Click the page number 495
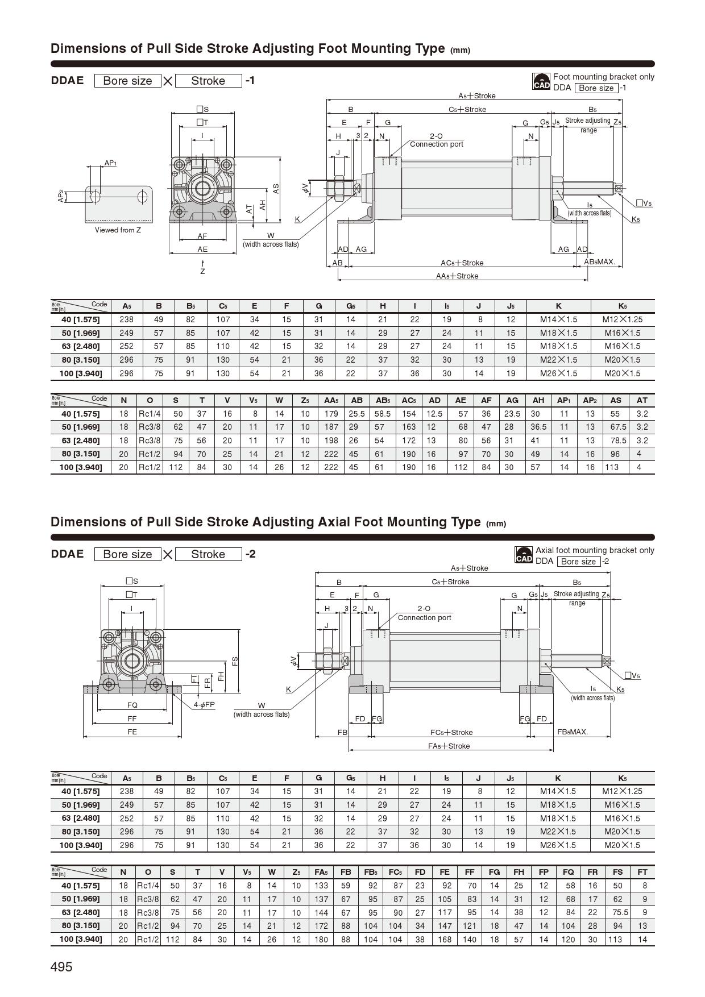click(x=61, y=966)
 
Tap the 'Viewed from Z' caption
click(x=118, y=230)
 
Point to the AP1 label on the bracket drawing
click(x=110, y=163)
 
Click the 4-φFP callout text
click(x=204, y=704)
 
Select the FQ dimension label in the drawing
click(x=132, y=705)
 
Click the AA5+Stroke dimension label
click(x=457, y=276)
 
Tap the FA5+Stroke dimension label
click(x=449, y=746)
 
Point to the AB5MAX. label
click(x=600, y=262)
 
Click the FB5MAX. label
click(x=573, y=732)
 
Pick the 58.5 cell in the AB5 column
click(x=382, y=414)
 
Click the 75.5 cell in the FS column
click(x=617, y=912)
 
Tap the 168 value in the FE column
click(x=445, y=939)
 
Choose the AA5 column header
click(x=331, y=400)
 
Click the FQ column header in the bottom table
click(x=568, y=872)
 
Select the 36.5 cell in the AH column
click(x=538, y=427)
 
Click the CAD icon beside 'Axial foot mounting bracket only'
click(x=524, y=555)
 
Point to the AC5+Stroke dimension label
click(x=462, y=263)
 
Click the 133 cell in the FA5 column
click(x=321, y=886)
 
